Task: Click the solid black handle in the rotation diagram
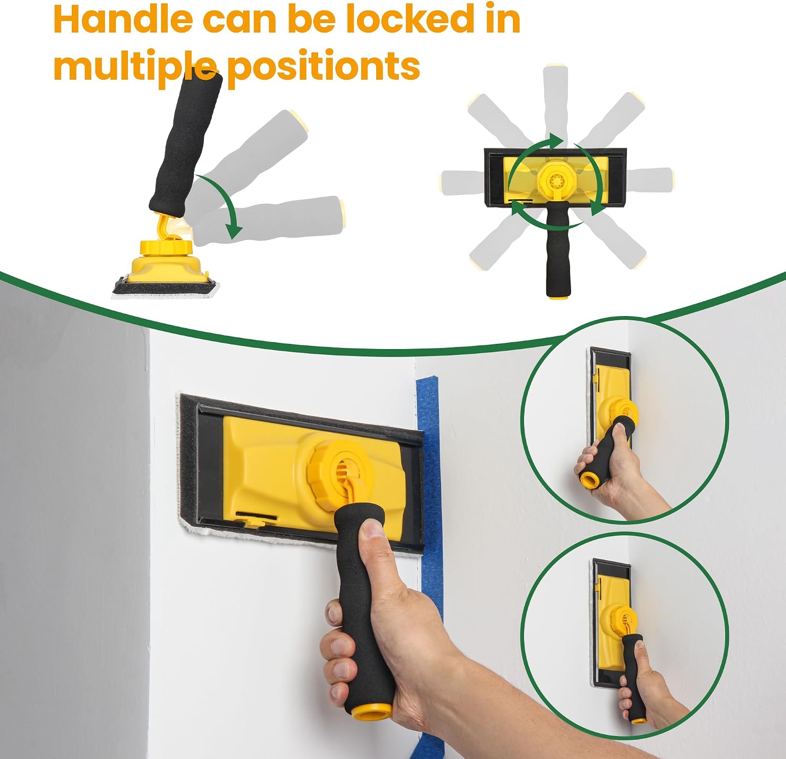click(x=558, y=252)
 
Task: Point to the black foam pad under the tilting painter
click(x=165, y=286)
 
